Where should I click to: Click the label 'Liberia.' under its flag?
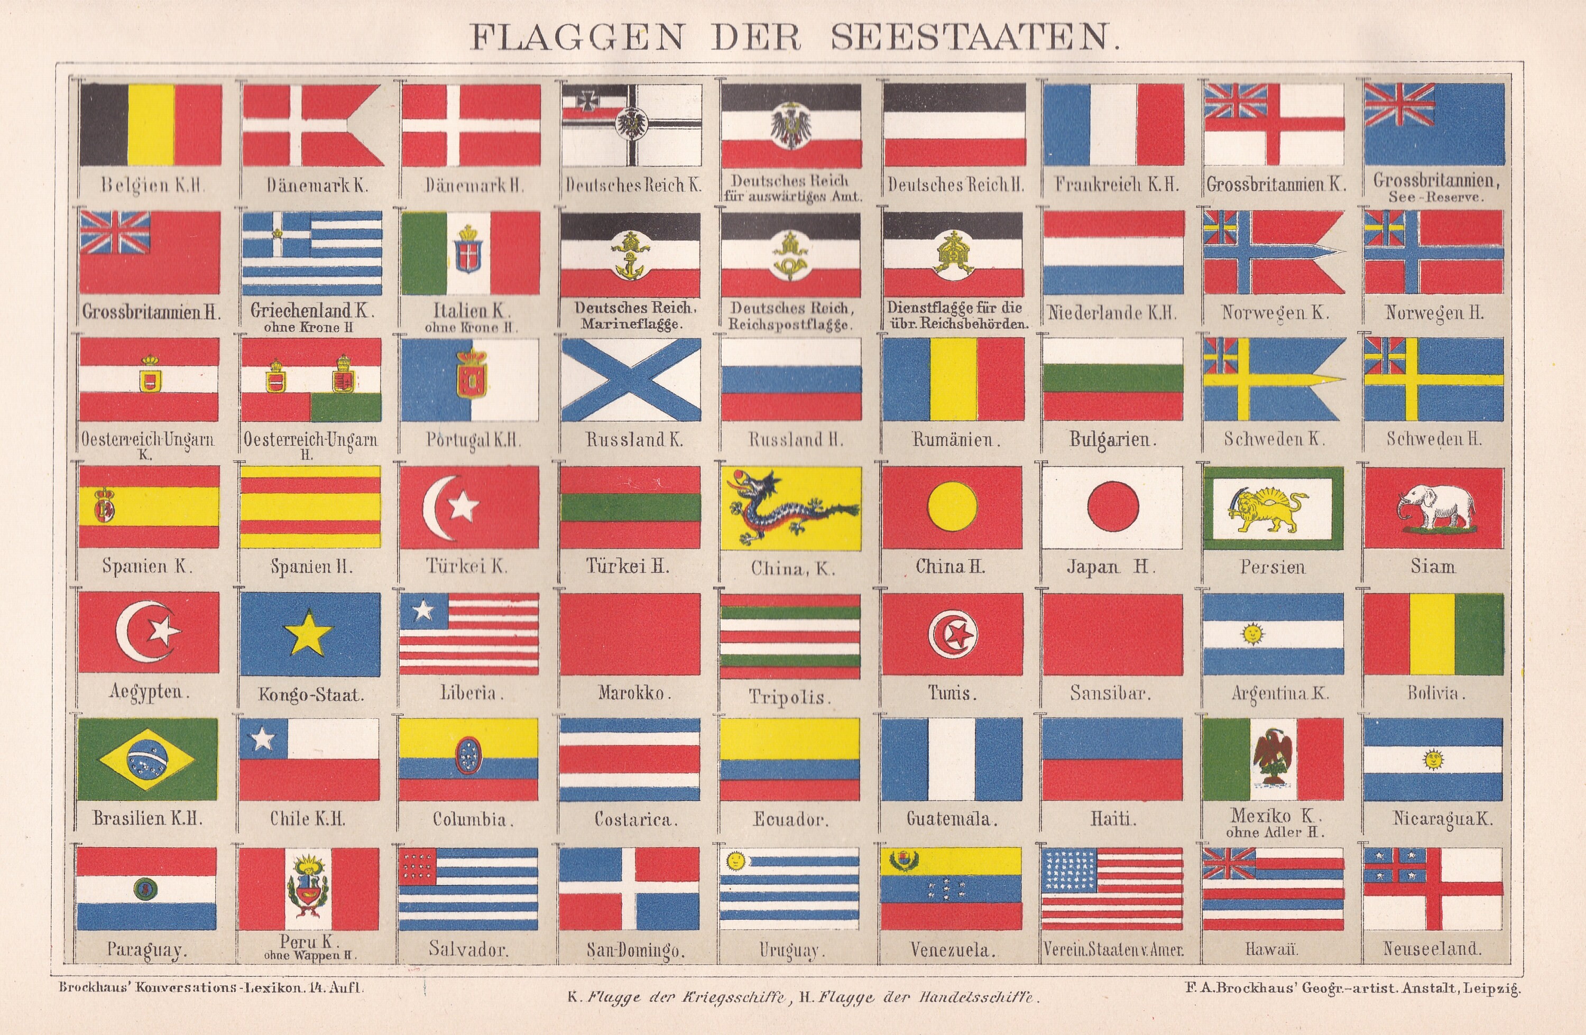pyautogui.click(x=468, y=693)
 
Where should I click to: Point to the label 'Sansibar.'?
pyautogui.click(x=1111, y=693)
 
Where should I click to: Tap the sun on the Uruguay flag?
pyautogui.click(x=736, y=861)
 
